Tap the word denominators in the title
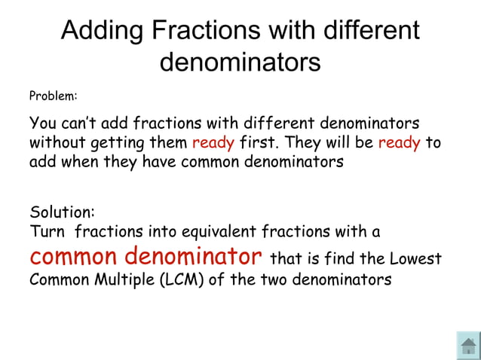(240, 62)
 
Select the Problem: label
(54, 96)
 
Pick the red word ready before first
(213, 142)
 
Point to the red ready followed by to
(399, 142)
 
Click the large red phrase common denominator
(146, 256)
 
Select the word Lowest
(415, 260)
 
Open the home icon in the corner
(468, 346)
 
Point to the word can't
(80, 123)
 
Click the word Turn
(47, 231)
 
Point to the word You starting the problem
(42, 123)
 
